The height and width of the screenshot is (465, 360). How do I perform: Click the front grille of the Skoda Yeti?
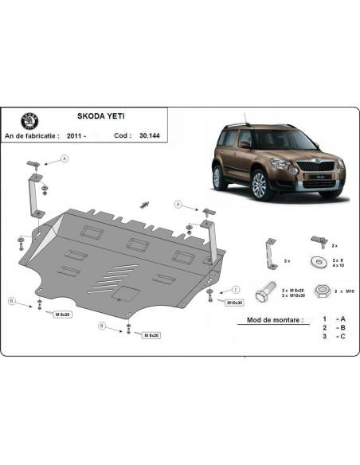click(303, 168)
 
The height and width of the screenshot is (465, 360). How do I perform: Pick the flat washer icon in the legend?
click(317, 262)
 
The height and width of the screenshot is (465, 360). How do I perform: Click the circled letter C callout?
click(236, 290)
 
